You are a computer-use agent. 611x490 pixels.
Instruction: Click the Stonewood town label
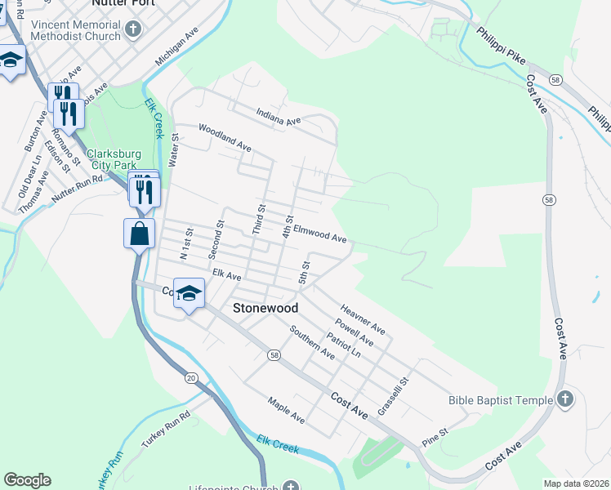[265, 309]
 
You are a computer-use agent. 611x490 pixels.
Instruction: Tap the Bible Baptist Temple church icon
[566, 400]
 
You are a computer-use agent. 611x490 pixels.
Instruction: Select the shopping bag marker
[140, 233]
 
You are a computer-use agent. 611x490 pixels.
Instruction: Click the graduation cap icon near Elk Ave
[189, 295]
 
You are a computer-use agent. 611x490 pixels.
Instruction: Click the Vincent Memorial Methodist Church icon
[134, 30]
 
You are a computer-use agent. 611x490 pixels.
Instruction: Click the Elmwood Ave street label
[320, 234]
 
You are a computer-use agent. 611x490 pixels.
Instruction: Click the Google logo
[27, 480]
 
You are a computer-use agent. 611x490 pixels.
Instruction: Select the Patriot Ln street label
[343, 344]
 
